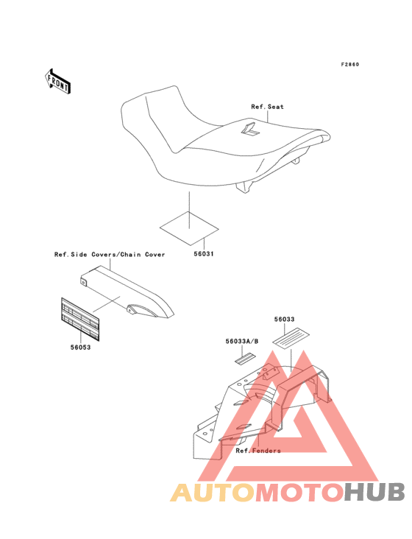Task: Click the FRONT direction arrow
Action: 57,82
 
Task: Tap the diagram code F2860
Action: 350,65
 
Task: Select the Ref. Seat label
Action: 268,107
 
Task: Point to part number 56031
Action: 204,254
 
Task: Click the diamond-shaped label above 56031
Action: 189,228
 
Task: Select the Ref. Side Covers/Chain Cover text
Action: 110,255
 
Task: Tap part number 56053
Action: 81,348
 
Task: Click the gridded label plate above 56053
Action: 80,320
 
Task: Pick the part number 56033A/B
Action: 242,342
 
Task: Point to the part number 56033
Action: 284,320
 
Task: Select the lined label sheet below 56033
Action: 291,337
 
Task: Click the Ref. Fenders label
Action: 258,451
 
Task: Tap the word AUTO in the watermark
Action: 213,492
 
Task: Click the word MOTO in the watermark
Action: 299,492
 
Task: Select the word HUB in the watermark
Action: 374,492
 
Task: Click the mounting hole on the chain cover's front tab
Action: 82,283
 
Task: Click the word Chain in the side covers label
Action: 130,255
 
